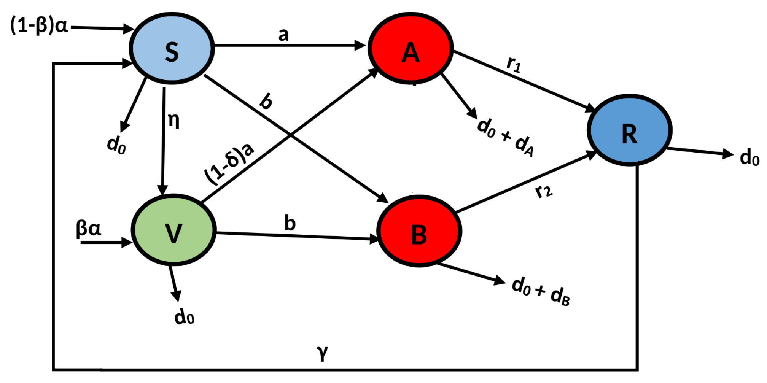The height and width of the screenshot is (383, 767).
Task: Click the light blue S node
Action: [x=172, y=49]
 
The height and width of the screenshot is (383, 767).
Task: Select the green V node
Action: [x=174, y=230]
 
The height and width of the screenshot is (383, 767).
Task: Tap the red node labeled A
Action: [x=411, y=49]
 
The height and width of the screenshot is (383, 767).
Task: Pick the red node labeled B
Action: [x=419, y=231]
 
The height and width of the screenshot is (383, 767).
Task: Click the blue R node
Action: [x=629, y=130]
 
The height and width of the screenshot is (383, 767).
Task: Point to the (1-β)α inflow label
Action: [x=39, y=26]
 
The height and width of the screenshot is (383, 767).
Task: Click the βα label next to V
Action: [x=89, y=229]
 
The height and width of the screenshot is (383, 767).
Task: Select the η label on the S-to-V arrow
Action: [x=173, y=121]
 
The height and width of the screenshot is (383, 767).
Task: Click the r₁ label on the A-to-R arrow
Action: [x=514, y=64]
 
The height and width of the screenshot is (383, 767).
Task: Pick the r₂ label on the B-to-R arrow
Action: [x=544, y=191]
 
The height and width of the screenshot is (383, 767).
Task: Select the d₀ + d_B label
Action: [x=540, y=291]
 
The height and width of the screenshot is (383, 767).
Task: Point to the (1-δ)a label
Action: [x=229, y=164]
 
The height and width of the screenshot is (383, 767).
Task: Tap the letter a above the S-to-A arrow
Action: [x=283, y=35]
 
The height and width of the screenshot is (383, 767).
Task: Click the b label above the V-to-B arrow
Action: [x=290, y=223]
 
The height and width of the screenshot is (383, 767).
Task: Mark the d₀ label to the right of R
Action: [x=749, y=157]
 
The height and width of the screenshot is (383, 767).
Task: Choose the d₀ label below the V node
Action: [x=184, y=316]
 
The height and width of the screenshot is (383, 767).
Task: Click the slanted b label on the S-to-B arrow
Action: [x=266, y=102]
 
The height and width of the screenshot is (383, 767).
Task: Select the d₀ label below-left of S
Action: [x=116, y=145]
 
